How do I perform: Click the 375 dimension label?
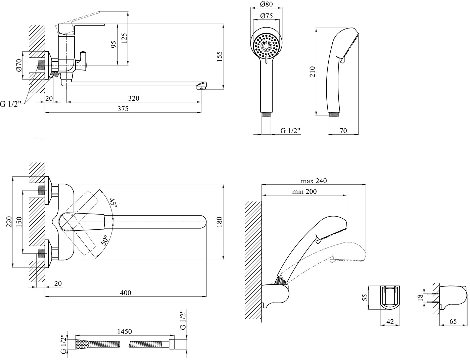click(x=123, y=108)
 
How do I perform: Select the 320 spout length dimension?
click(x=133, y=98)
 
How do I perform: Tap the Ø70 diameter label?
click(x=19, y=65)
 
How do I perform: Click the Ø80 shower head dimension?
click(x=266, y=5)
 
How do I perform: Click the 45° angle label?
click(x=113, y=203)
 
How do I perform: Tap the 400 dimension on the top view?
click(x=126, y=293)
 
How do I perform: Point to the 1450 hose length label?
click(x=124, y=331)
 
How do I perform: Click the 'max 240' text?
click(x=314, y=181)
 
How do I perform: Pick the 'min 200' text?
click(x=304, y=192)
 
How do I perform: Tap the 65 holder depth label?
click(x=453, y=321)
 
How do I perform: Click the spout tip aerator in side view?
click(x=200, y=88)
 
